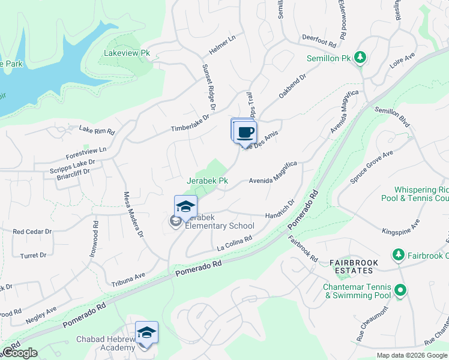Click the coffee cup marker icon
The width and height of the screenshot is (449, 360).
coord(245,132)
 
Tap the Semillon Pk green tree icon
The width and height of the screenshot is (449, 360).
coord(360,58)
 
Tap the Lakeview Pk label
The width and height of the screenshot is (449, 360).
coord(127,53)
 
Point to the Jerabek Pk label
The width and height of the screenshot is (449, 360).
coord(208,181)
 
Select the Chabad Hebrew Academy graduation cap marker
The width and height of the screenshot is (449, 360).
coord(146,333)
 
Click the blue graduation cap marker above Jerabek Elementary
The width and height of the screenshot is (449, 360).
coord(186,206)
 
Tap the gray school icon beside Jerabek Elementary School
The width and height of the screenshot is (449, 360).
coord(175,222)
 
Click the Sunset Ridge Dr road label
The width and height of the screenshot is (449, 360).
coord(208,89)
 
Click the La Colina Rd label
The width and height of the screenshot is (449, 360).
coord(234,243)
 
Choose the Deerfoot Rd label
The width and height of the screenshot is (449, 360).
coord(318,36)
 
